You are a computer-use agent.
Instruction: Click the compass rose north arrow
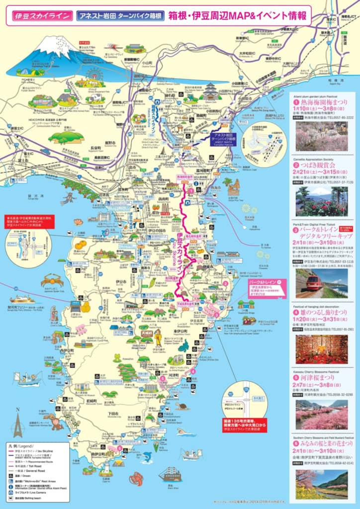(18, 424)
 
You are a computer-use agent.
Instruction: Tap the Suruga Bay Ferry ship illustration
(22, 300)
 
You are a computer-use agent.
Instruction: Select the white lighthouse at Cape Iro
(106, 467)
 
